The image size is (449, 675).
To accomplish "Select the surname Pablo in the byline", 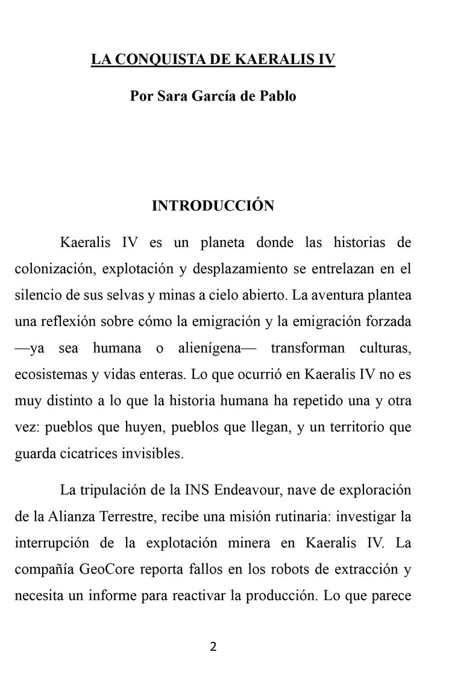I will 277,96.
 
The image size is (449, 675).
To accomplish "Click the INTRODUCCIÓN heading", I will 213,206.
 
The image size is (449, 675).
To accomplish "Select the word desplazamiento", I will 237,269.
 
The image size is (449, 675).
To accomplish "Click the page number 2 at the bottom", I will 213,648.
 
